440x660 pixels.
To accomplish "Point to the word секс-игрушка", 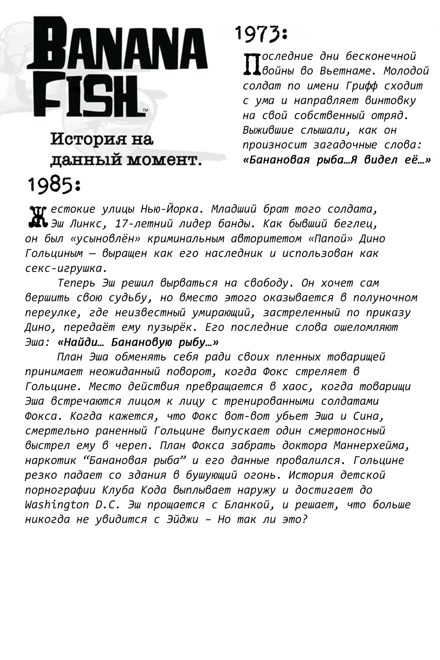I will click(x=64, y=268).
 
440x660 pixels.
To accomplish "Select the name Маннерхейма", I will click(x=371, y=446).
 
